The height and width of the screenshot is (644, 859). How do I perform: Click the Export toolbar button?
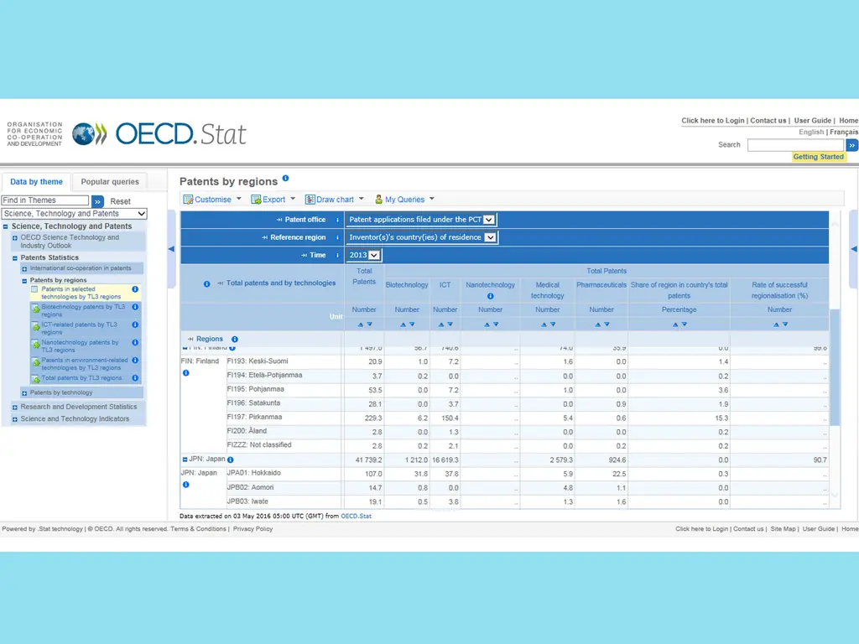click(273, 200)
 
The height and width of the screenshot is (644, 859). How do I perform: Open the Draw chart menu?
click(335, 200)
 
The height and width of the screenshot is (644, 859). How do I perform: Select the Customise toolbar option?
click(212, 200)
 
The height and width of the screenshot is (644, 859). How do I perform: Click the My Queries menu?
click(404, 200)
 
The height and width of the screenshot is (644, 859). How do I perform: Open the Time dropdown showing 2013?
click(365, 255)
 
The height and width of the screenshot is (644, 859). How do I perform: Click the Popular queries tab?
click(110, 181)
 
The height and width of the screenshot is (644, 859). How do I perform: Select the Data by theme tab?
click(36, 181)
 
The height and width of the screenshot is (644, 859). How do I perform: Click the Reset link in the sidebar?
click(120, 201)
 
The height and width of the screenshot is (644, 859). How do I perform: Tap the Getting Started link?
click(818, 157)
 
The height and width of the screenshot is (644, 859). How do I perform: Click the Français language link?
click(844, 132)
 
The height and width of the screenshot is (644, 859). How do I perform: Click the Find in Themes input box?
click(44, 200)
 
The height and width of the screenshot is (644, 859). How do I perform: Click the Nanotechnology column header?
click(490, 285)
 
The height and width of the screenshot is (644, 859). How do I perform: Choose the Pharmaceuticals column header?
click(601, 285)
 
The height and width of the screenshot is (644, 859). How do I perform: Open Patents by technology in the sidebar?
click(61, 392)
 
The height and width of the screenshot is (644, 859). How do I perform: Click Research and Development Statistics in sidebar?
click(78, 407)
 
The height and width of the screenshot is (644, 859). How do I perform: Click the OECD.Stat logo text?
click(180, 133)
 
